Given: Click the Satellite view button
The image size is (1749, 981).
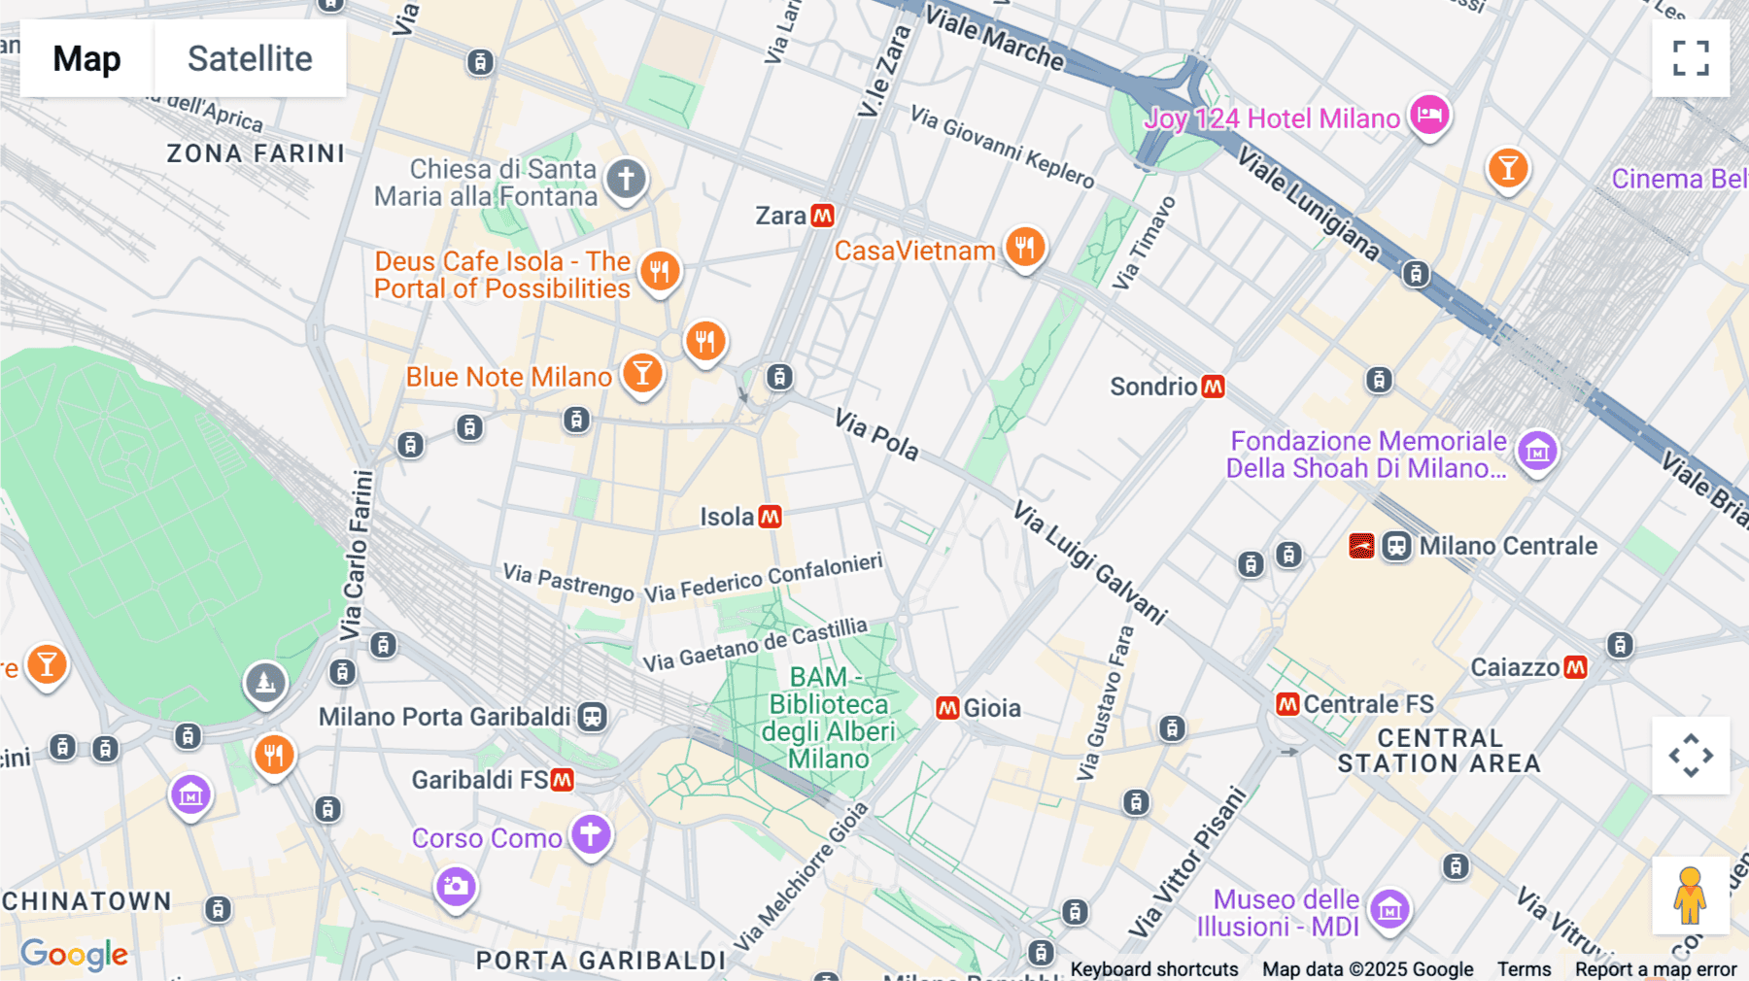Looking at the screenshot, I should pyautogui.click(x=250, y=58).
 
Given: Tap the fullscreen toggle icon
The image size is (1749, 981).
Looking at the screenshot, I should pyautogui.click(x=1690, y=58).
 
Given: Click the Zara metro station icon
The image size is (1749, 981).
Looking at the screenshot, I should pyautogui.click(x=822, y=216).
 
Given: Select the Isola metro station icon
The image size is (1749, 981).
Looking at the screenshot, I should pyautogui.click(x=770, y=517).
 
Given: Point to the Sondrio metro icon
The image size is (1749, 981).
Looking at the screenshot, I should pyautogui.click(x=1213, y=387).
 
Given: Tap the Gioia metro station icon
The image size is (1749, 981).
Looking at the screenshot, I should pyautogui.click(x=947, y=708).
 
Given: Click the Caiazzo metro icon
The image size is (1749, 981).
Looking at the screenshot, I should pyautogui.click(x=1575, y=667).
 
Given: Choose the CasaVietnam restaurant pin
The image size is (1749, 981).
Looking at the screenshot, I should pyautogui.click(x=1024, y=248).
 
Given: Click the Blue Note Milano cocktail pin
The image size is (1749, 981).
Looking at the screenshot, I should pyautogui.click(x=641, y=373).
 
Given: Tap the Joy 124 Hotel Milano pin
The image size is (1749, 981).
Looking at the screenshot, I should pyautogui.click(x=1429, y=116).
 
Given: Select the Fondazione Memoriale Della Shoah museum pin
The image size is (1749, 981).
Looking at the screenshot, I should pyautogui.click(x=1537, y=451).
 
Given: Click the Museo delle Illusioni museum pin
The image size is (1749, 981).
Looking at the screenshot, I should pyautogui.click(x=1389, y=910).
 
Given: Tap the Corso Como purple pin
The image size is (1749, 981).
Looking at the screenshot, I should pyautogui.click(x=590, y=833).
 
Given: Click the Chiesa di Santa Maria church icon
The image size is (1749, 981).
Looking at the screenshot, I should pyautogui.click(x=626, y=179).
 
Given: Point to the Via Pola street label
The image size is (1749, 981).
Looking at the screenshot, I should pyautogui.click(x=876, y=434).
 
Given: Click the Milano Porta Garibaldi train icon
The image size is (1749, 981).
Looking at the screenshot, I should pyautogui.click(x=592, y=717).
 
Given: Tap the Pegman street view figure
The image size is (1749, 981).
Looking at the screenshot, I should pyautogui.click(x=1690, y=896).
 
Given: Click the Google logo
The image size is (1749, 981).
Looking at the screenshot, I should pyautogui.click(x=74, y=955).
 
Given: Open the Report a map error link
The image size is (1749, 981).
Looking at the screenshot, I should pyautogui.click(x=1655, y=969).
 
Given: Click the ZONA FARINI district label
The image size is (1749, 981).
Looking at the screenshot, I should pyautogui.click(x=256, y=153).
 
